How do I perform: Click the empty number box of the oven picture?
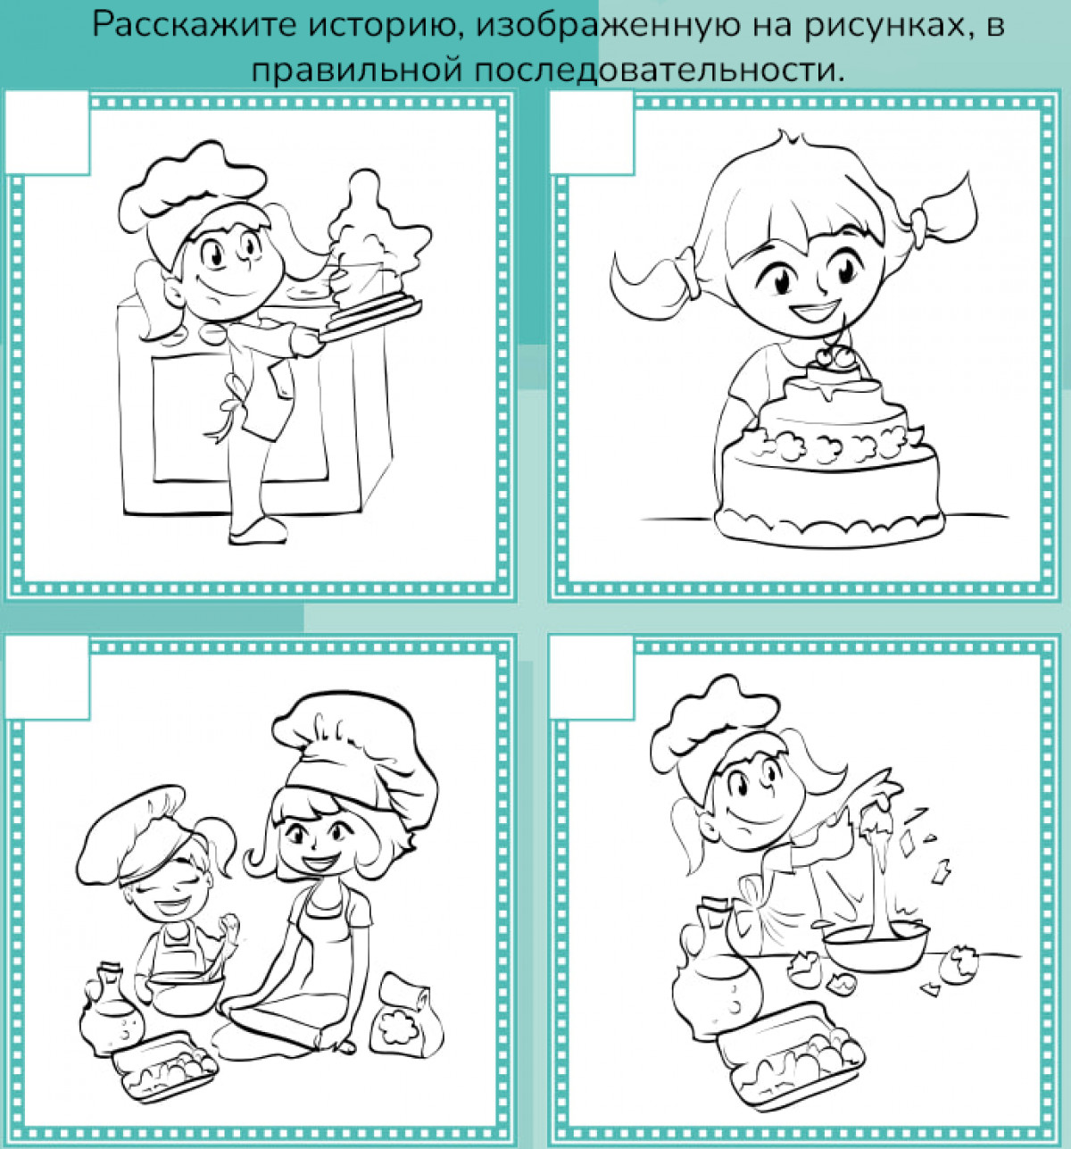coord(47,132)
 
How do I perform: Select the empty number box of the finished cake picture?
coord(592,132)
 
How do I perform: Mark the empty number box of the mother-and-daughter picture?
coord(47,678)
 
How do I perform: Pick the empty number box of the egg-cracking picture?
coord(592,678)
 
